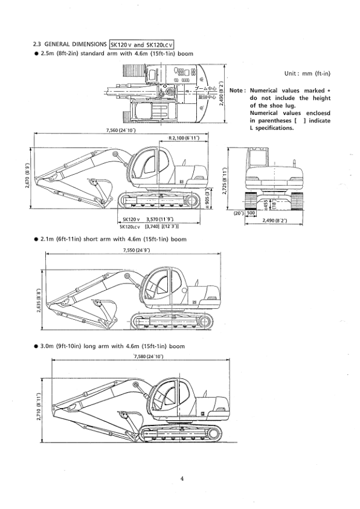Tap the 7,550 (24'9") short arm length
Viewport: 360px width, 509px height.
[x=136, y=250]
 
